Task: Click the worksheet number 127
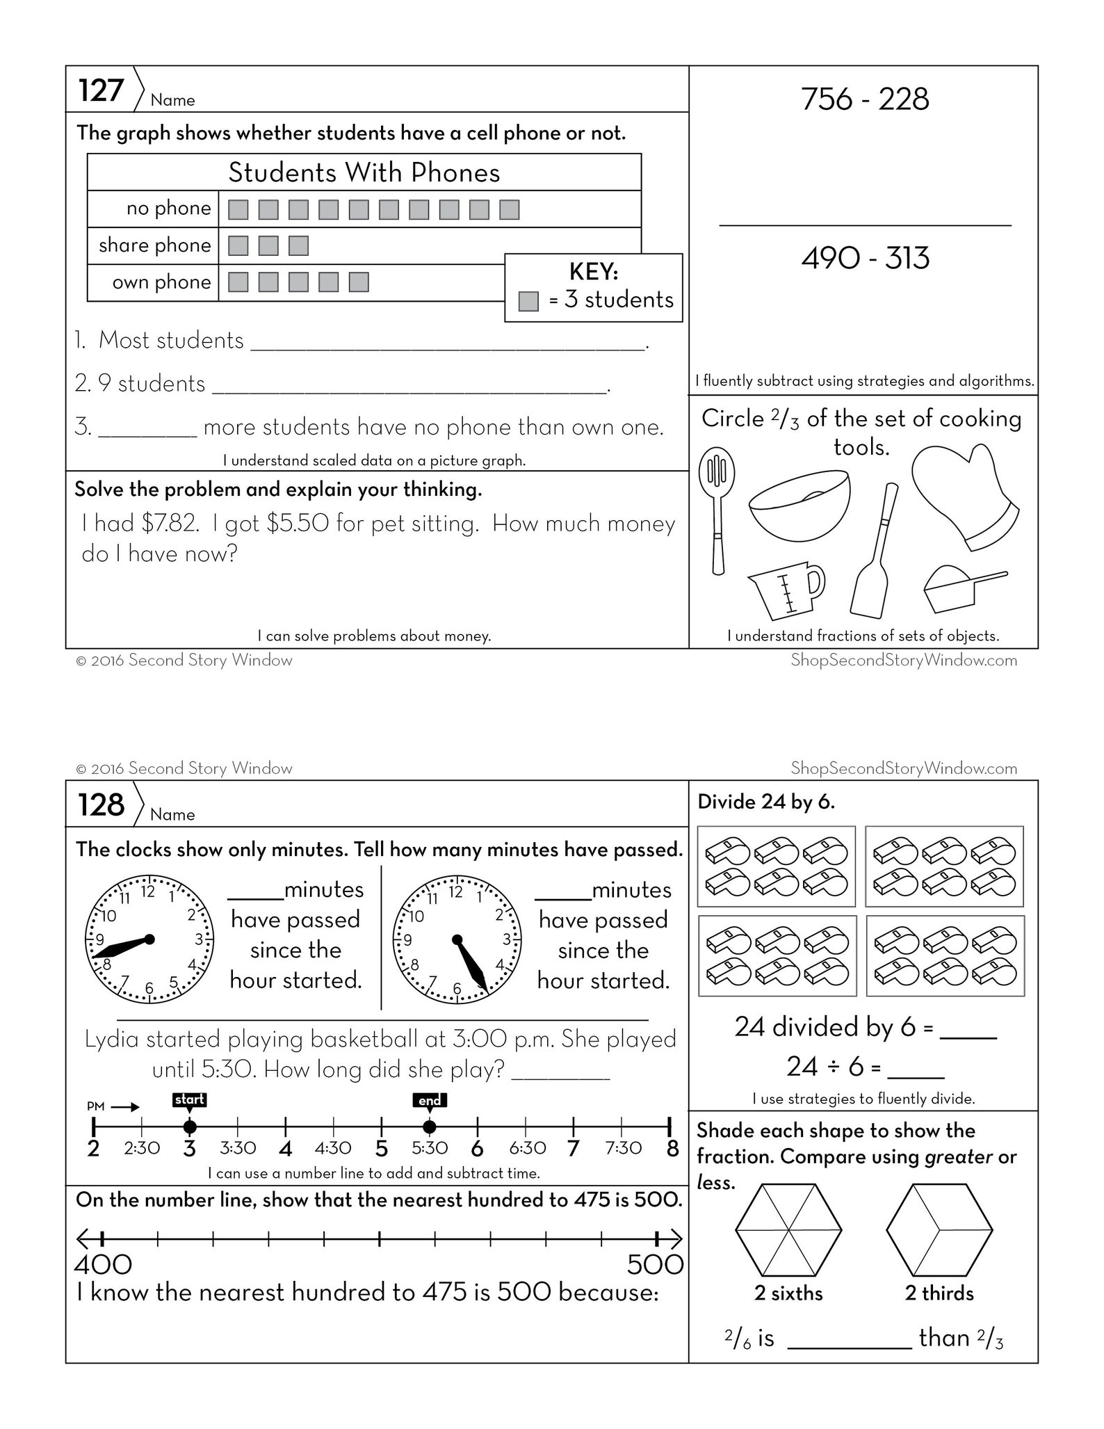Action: coord(101,90)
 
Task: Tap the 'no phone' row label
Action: coord(168,209)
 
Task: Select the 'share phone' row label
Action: coord(154,245)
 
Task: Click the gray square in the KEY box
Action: coord(528,301)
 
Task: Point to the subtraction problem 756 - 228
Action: coord(865,99)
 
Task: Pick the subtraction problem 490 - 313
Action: coord(865,259)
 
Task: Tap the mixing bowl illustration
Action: coord(799,504)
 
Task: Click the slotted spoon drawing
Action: coord(717,508)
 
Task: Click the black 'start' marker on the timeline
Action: coord(189,1099)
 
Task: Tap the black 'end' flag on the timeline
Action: coord(430,1100)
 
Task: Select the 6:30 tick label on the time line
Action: coord(526,1148)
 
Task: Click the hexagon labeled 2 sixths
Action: coord(788,1230)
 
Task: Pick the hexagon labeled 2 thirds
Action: coord(939,1230)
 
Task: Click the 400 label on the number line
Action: coord(103,1264)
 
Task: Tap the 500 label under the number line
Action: coord(655,1264)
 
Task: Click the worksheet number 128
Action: coord(101,805)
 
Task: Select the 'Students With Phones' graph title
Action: coord(364,172)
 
